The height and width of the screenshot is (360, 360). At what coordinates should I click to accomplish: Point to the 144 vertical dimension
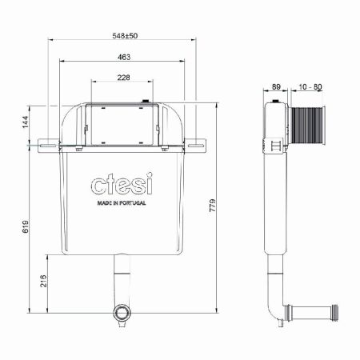[x=25, y=122]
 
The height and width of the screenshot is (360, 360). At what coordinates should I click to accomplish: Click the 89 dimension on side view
[x=276, y=86]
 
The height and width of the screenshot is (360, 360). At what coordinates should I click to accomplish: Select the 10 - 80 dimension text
[x=310, y=86]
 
